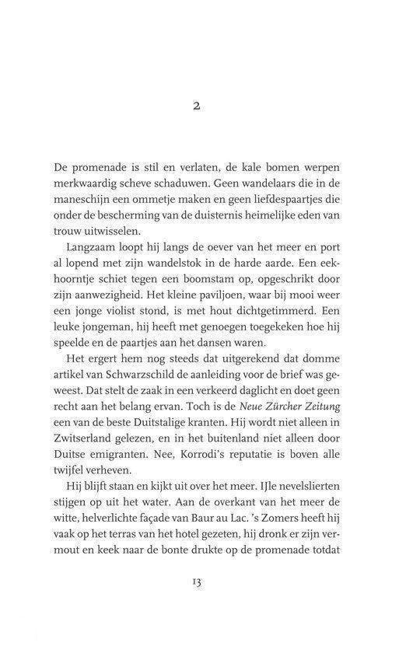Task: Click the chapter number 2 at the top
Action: [203, 109]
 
